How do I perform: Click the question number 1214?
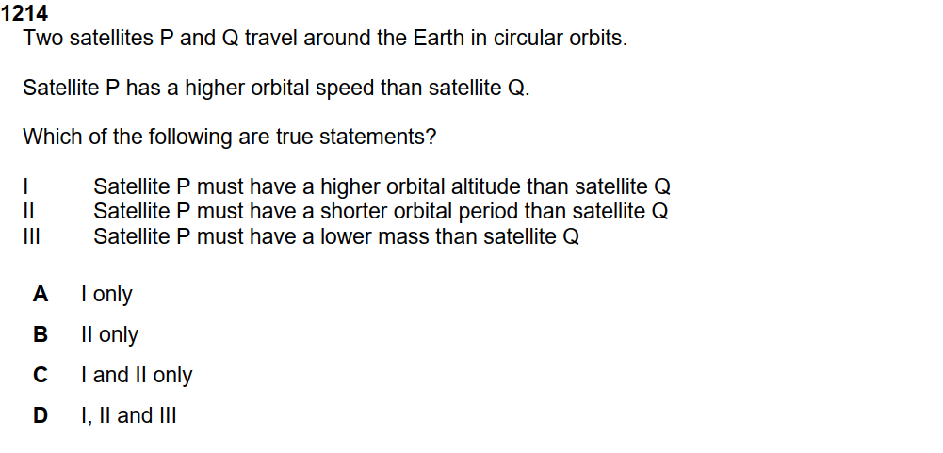(x=24, y=13)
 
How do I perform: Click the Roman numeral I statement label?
(x=25, y=186)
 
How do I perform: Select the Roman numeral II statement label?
(x=28, y=211)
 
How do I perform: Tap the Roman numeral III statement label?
(x=31, y=236)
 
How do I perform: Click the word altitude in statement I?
(x=486, y=186)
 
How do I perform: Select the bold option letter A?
(x=41, y=294)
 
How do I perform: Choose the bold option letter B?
(x=41, y=334)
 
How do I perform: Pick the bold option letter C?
(x=41, y=375)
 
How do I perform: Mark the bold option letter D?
(x=41, y=415)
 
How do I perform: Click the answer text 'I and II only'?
(x=138, y=376)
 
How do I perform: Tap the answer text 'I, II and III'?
(x=129, y=415)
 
